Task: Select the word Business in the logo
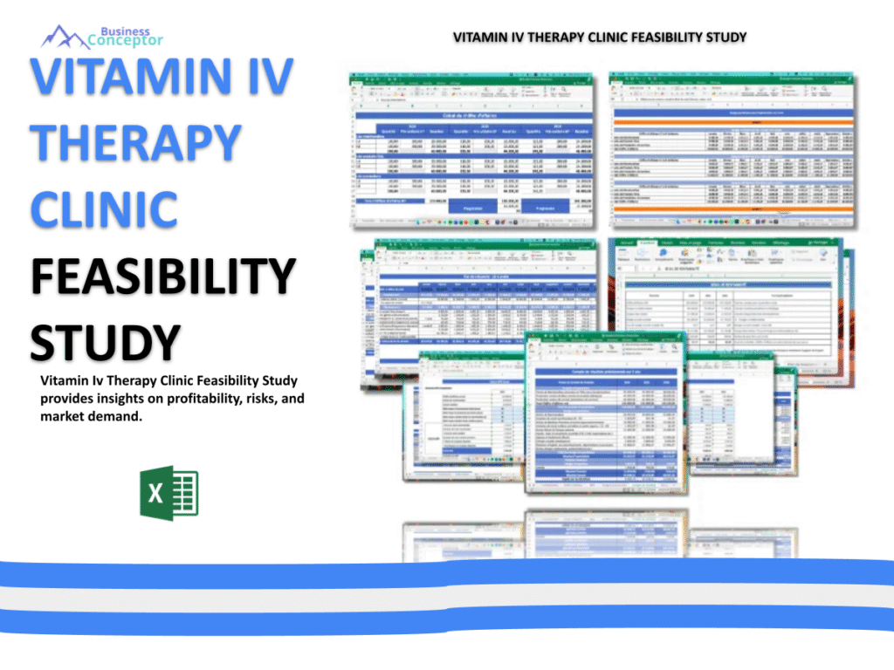(x=125, y=30)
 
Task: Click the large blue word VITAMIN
(x=122, y=76)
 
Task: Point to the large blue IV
(x=262, y=76)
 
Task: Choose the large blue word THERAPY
(x=135, y=142)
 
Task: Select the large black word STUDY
(x=106, y=341)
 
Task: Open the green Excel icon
(x=168, y=494)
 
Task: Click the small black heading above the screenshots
(x=600, y=38)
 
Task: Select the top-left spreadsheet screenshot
(x=472, y=148)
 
